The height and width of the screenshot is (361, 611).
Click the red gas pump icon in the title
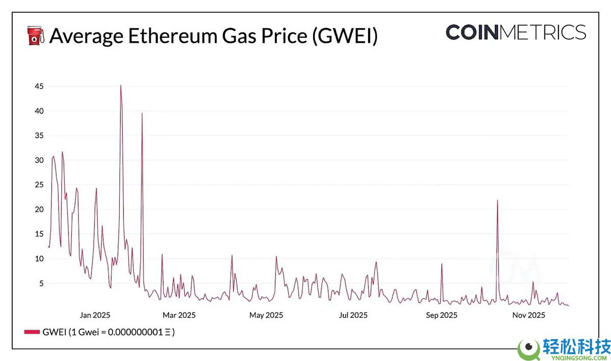(35, 36)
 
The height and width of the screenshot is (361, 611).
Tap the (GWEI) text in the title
(344, 37)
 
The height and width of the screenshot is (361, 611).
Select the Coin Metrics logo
(515, 32)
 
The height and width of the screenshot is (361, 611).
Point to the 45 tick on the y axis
(38, 87)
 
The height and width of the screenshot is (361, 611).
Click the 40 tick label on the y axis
(38, 111)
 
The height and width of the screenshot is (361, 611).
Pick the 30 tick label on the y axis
(38, 160)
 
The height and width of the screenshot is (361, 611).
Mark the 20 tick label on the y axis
(38, 209)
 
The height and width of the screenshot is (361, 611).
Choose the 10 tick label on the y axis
(38, 259)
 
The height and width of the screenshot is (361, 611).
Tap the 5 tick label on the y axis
(40, 283)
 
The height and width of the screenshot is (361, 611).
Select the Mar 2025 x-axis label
(179, 315)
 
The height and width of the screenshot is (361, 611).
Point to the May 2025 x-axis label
(266, 315)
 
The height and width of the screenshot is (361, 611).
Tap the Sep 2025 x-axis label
(441, 315)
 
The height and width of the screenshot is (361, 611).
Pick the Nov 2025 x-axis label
(529, 315)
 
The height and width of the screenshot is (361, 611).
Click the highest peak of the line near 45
(121, 86)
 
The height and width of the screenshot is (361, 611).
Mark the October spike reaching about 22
(497, 200)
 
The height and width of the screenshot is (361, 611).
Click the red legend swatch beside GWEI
(32, 332)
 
